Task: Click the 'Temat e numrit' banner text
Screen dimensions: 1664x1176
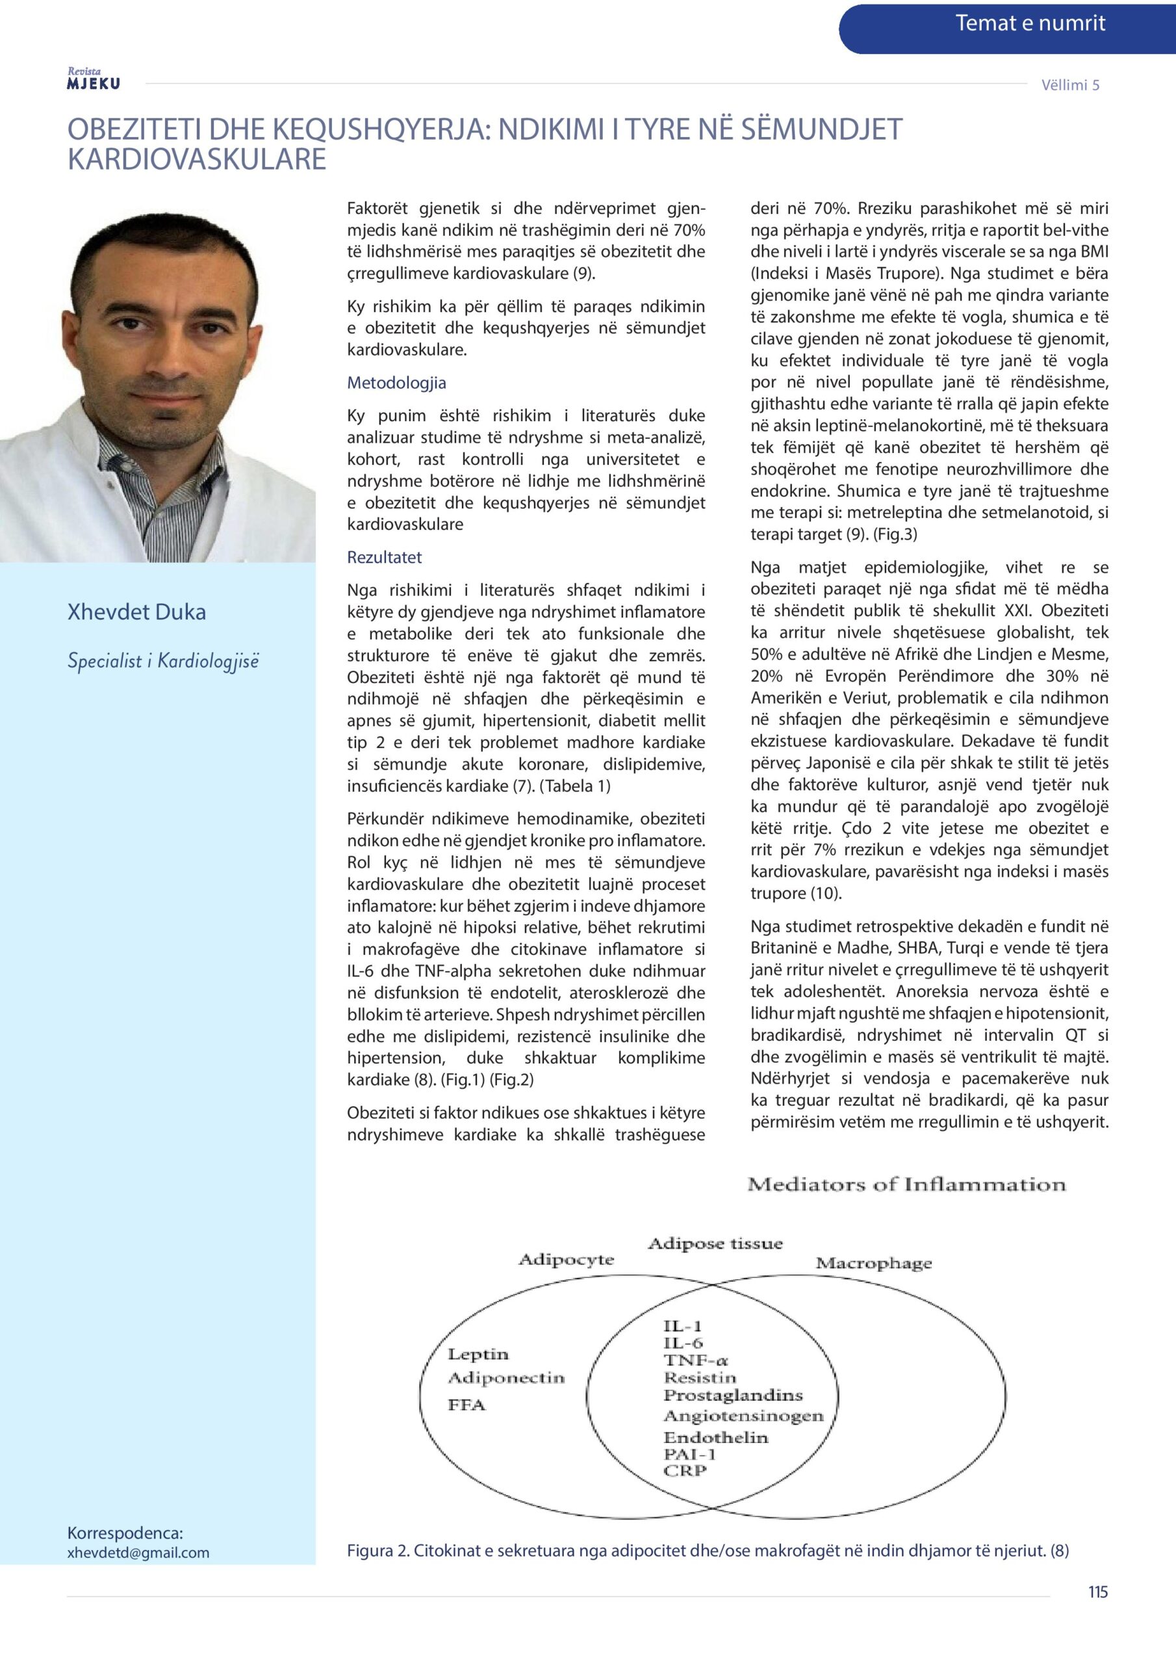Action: [1030, 24]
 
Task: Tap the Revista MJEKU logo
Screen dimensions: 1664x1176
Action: [94, 79]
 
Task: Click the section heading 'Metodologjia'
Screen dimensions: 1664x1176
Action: [396, 383]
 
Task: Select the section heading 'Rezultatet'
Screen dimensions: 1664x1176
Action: [384, 557]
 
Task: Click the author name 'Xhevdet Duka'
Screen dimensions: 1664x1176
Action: [136, 612]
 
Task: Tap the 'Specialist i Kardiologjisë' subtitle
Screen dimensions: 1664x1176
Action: [163, 661]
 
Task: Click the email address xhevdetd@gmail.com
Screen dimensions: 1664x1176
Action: [138, 1552]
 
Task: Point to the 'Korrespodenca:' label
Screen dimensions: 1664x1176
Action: [125, 1533]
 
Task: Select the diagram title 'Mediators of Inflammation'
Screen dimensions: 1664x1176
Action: [906, 1185]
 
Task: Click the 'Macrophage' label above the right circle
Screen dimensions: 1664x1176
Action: [873, 1263]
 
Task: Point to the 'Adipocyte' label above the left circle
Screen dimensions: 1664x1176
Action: [566, 1260]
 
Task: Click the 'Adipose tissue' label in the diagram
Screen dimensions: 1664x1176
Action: [715, 1243]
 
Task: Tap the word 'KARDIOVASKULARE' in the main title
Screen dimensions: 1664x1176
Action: [196, 159]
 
